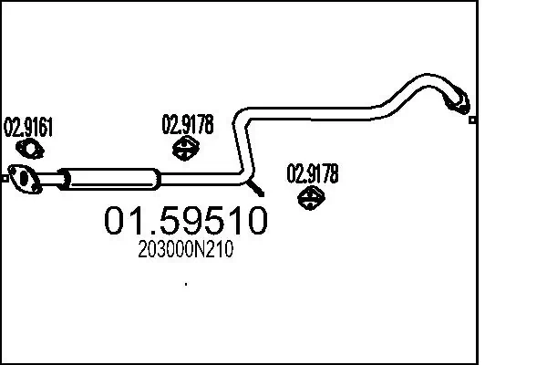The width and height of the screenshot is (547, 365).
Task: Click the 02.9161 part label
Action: [29, 127]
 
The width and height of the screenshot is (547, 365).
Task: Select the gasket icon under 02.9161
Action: [32, 151]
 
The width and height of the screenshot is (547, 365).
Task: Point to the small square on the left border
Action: [5, 178]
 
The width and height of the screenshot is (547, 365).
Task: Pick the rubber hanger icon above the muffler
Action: [187, 148]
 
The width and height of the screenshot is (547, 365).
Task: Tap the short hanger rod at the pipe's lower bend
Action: [258, 190]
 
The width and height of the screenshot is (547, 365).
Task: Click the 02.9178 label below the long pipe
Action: [313, 172]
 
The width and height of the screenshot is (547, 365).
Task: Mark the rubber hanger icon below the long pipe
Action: [313, 196]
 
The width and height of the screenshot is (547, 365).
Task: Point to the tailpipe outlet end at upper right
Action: [462, 104]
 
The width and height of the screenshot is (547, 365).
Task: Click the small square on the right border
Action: [472, 120]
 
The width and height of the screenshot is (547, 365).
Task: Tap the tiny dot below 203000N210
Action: [186, 284]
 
